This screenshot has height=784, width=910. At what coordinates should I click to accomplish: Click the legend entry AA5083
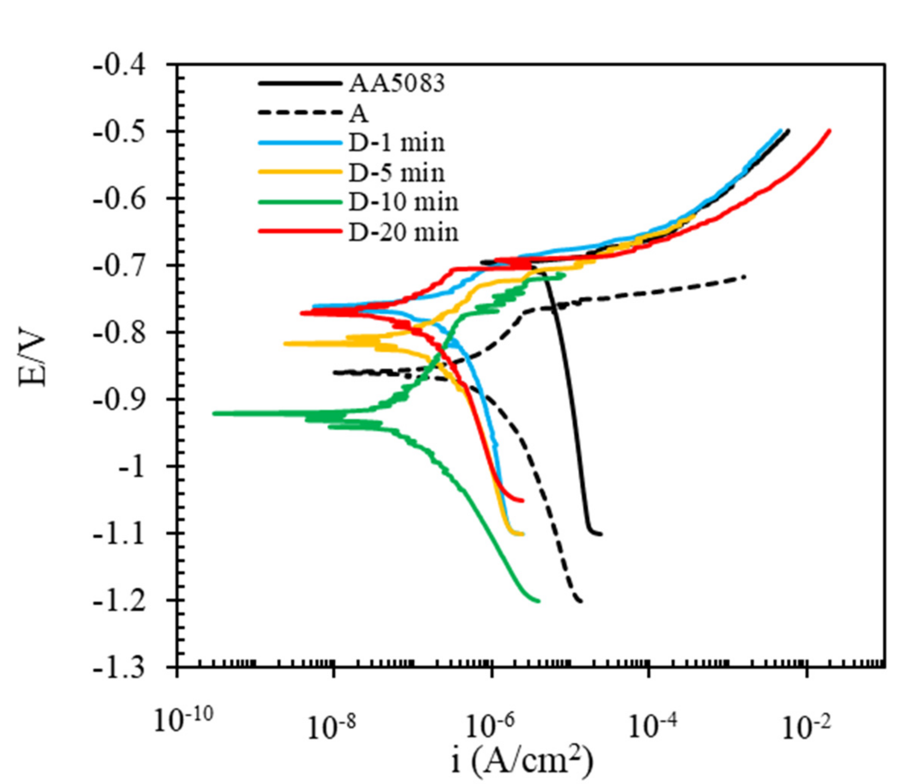coord(396,83)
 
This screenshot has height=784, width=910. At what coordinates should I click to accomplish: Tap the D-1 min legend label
coord(396,143)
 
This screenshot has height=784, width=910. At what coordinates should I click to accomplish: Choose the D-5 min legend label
coord(396,173)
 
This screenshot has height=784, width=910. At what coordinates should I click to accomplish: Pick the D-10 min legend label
coord(403,202)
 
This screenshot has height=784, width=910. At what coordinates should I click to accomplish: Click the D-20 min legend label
coord(403,232)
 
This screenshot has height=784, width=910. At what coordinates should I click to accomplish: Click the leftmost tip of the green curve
coord(214,413)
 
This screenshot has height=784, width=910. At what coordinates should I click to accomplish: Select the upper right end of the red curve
coord(830,131)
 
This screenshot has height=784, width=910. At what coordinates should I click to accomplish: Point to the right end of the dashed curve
coord(745,276)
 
